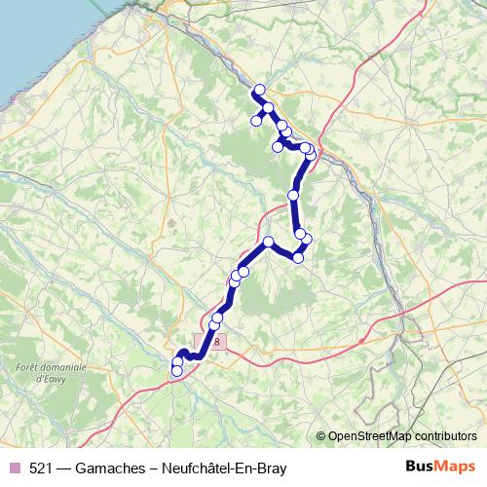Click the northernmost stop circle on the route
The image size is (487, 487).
click(x=259, y=91)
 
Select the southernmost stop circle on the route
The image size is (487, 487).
click(x=176, y=371)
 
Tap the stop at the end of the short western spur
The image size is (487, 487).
click(x=256, y=121)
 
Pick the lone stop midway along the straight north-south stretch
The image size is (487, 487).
click(x=293, y=196)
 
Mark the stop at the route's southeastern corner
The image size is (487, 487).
click(x=298, y=257)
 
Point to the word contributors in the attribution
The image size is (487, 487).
click(x=447, y=435)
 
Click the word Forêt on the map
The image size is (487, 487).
click(x=31, y=366)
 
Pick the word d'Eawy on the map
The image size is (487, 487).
click(x=51, y=377)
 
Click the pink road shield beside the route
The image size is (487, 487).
click(x=214, y=342)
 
